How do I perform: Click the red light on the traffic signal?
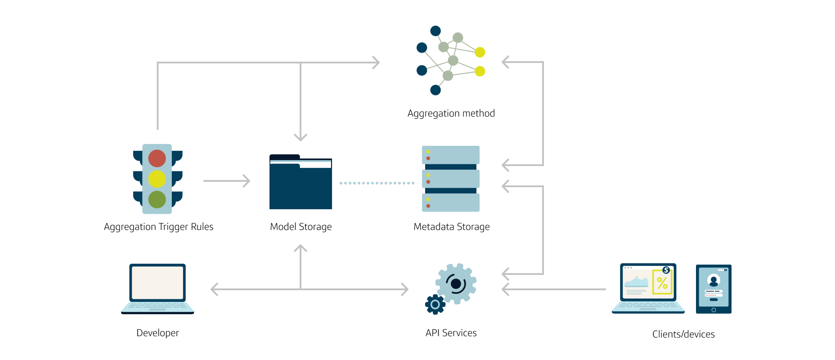coord(157,158)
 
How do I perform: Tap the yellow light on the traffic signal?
coord(157,179)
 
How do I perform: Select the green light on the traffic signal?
coord(157,199)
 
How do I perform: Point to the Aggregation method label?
coord(451,113)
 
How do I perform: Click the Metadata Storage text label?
coord(451,227)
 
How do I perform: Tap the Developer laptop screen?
coord(157,283)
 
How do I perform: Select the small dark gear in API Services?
coord(435,305)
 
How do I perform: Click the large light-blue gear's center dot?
coord(456,283)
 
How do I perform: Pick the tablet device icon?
coord(714,289)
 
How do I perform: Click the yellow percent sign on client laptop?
coord(662,283)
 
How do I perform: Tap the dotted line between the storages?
coord(377,183)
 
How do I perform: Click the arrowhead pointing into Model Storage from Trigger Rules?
coord(246,181)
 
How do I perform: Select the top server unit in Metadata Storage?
coord(451,155)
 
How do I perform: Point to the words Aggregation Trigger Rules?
coord(158,227)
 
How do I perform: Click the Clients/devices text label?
coord(683,334)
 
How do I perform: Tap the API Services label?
coord(451,333)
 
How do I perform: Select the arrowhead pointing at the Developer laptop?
coord(215,289)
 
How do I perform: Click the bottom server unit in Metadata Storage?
coord(451,202)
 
